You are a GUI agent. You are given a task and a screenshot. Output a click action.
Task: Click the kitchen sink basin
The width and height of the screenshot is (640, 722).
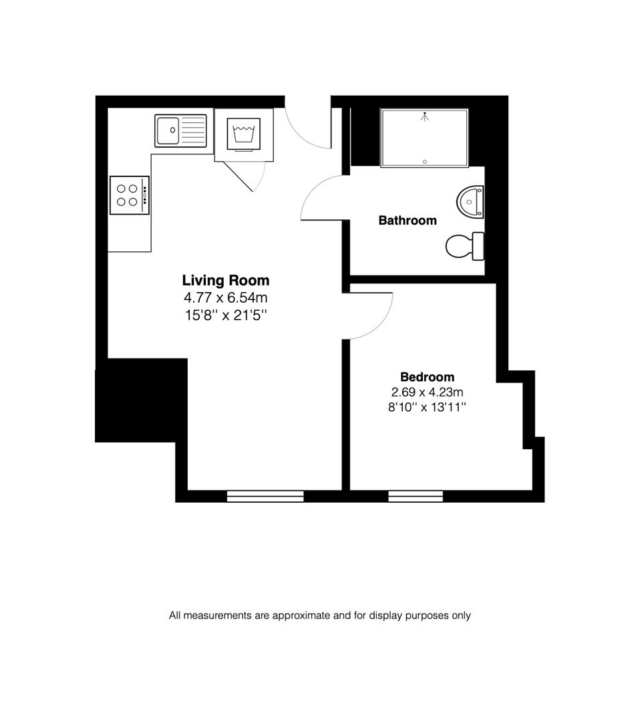pos(168,130)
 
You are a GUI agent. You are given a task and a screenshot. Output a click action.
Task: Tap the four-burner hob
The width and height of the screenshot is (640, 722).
pos(129,195)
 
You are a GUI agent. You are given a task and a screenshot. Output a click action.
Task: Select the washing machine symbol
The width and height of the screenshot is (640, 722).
pos(244,134)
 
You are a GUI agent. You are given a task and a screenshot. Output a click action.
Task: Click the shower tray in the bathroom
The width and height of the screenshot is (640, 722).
pos(424,137)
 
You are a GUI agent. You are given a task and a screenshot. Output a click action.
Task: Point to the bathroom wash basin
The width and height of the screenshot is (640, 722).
pos(471,201)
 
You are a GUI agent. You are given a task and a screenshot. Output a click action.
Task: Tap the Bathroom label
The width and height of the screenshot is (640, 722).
pos(408,220)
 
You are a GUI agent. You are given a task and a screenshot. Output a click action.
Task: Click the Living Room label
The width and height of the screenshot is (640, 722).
pos(226,280)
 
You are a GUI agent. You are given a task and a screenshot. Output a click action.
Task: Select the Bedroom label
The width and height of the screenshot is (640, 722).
pos(427,377)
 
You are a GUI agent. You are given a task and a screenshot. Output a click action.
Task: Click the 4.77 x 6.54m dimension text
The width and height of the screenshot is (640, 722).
pos(226,297)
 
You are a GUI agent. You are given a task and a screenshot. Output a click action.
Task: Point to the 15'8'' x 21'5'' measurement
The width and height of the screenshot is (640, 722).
pos(226,315)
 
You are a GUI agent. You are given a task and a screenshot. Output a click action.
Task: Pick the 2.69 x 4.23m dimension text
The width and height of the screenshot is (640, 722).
pos(427,392)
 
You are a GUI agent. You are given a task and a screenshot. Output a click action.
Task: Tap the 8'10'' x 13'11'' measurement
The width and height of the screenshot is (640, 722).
pos(427,407)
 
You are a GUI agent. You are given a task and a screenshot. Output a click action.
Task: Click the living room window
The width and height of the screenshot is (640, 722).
pos(265,495)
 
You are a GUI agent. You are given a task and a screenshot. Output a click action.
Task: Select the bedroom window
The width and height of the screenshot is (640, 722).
pos(416,495)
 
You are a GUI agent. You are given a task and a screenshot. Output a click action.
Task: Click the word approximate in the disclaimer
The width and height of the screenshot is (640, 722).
pos(302,616)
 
